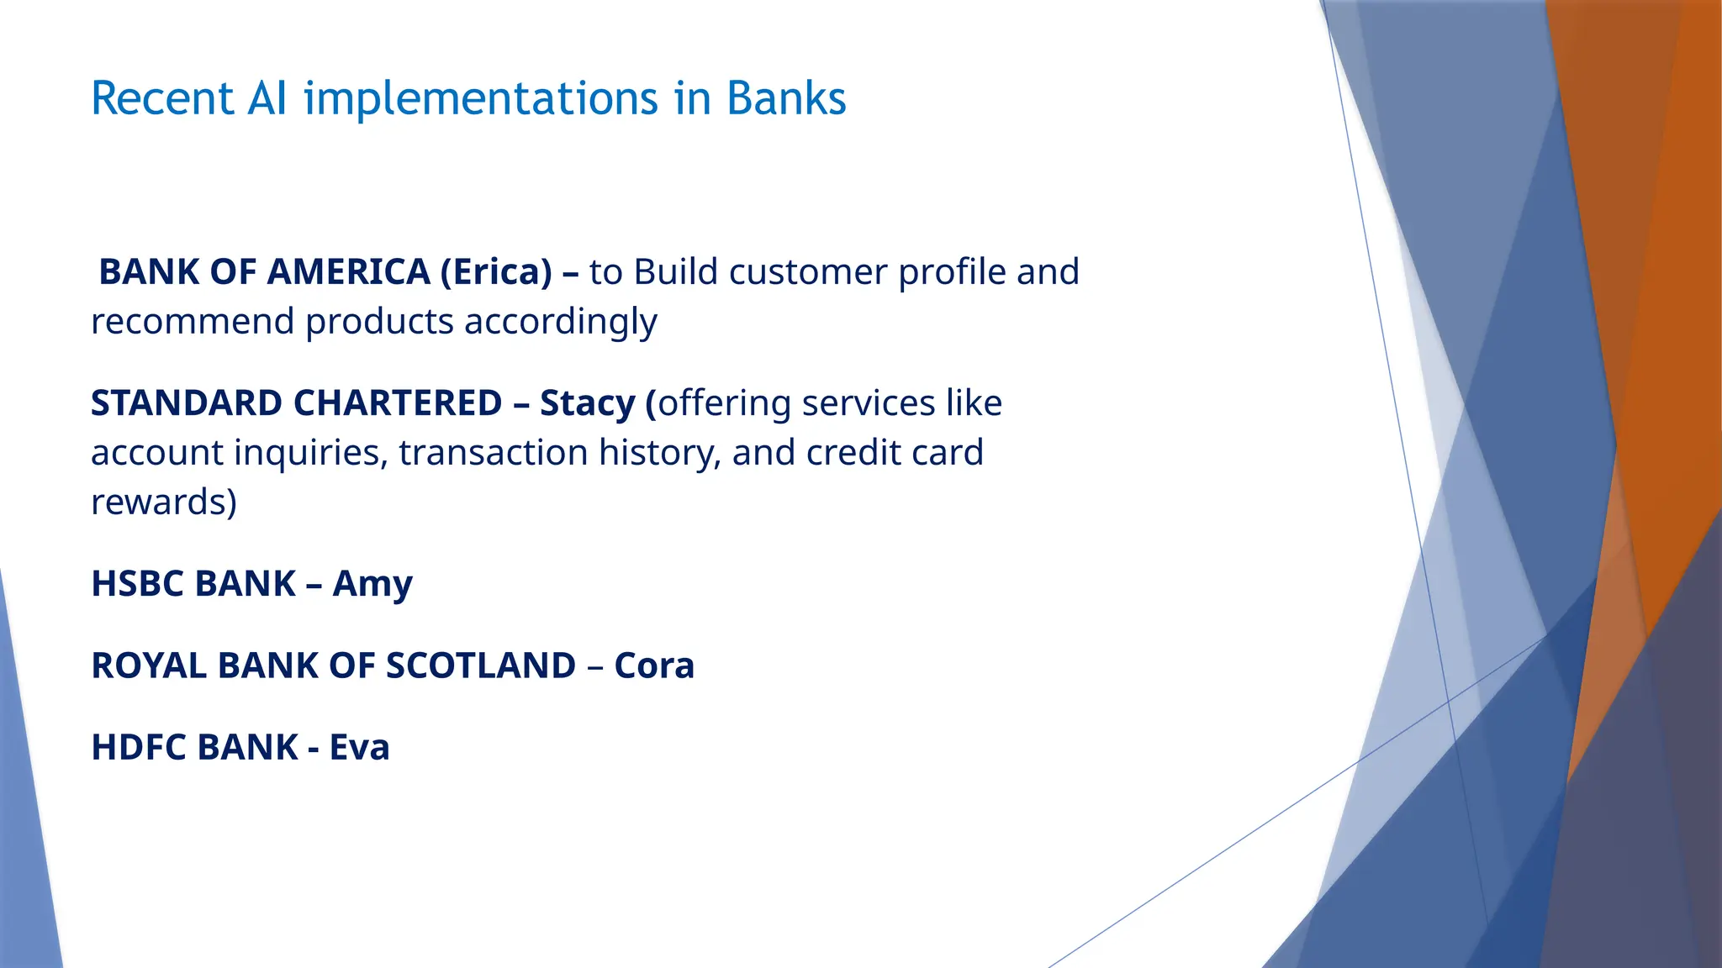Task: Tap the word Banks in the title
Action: [x=785, y=98]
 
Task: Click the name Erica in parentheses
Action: [x=496, y=272]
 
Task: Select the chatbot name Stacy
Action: [x=586, y=403]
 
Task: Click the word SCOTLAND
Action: [x=480, y=665]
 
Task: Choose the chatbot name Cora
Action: [x=654, y=665]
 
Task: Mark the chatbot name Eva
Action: [x=359, y=747]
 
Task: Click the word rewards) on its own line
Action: [x=164, y=502]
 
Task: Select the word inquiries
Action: [x=310, y=454]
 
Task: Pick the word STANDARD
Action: [x=186, y=403]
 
